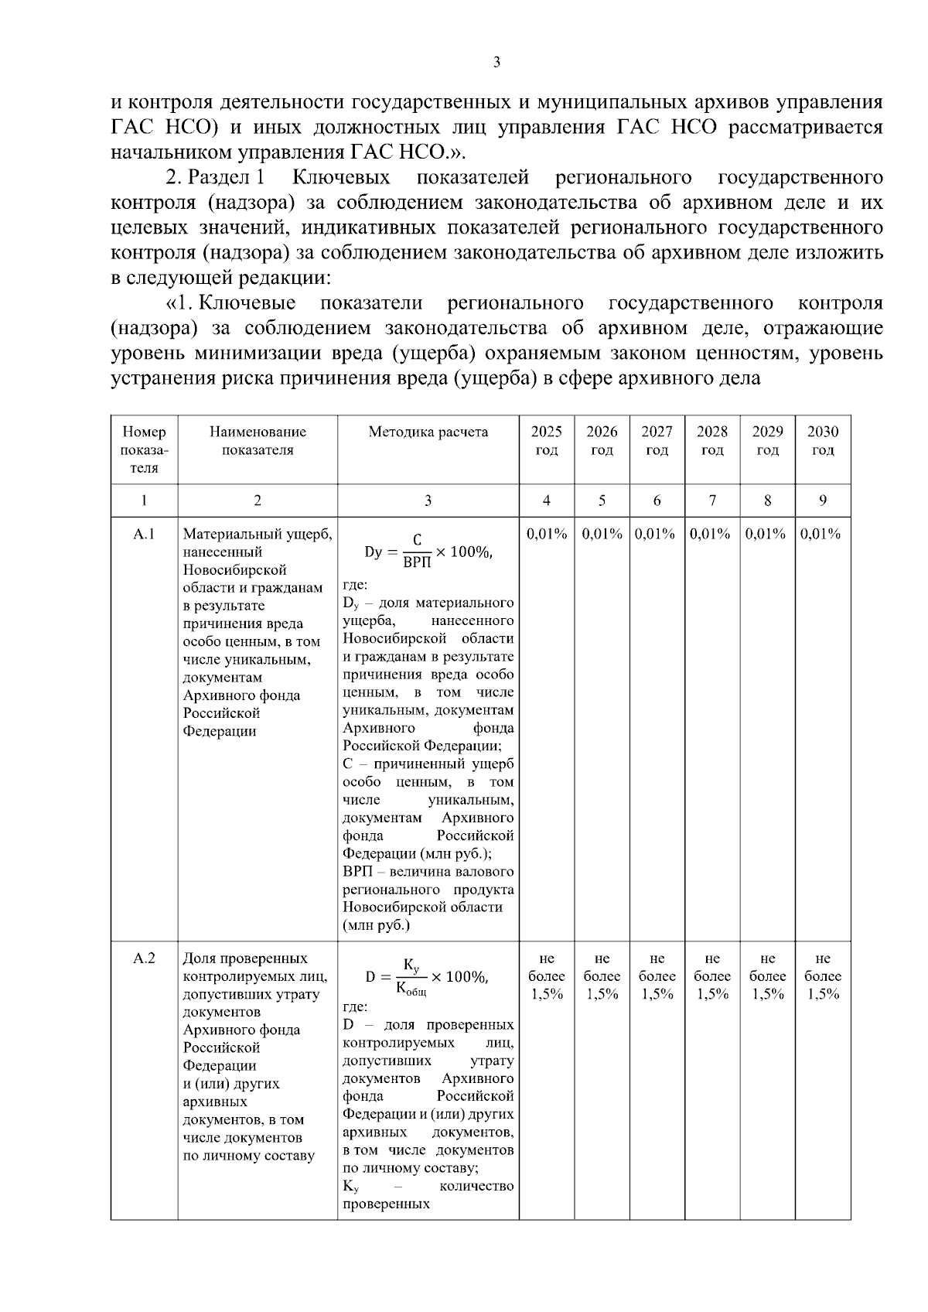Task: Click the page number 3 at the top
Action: point(496,63)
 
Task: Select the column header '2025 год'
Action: point(546,441)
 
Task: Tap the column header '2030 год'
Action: point(823,441)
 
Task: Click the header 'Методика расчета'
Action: point(428,432)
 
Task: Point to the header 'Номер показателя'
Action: point(144,449)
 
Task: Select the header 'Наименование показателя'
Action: point(258,441)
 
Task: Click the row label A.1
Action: point(144,534)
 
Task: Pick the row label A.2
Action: point(144,958)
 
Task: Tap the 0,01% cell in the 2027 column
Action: point(657,534)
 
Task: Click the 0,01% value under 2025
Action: point(546,534)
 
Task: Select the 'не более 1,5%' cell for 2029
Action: point(767,976)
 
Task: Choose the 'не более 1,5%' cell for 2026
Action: point(602,976)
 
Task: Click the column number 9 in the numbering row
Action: point(823,501)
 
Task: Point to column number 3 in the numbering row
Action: point(428,501)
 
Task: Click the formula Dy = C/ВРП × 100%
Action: point(428,552)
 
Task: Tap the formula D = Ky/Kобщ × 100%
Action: point(428,976)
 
